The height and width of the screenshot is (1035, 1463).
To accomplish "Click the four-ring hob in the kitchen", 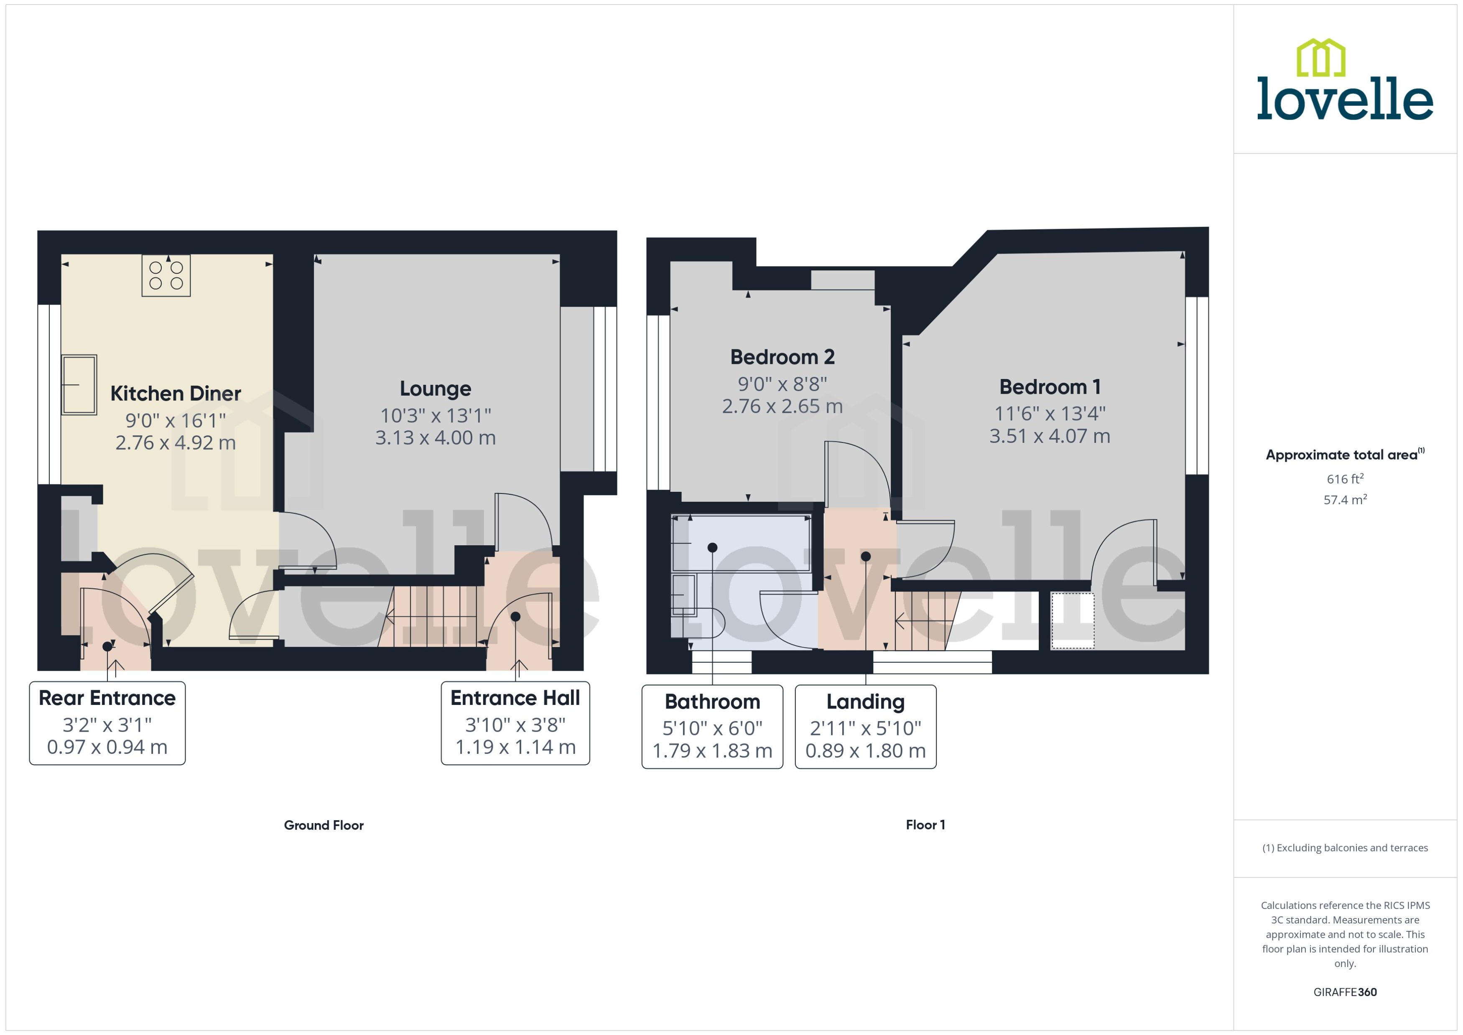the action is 166,275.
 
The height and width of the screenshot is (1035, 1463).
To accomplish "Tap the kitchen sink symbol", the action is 79,385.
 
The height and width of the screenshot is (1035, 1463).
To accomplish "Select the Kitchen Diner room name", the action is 175,393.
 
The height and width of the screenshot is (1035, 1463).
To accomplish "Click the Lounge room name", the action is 436,389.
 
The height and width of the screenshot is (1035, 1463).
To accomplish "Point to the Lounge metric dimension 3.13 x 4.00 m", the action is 436,438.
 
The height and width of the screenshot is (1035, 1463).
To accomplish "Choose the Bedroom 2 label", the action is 782,357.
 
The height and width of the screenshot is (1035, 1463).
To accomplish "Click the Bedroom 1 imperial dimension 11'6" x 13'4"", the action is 1050,414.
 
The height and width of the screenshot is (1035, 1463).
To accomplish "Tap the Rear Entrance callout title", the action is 107,698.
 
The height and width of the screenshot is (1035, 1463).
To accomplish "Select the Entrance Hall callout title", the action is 515,698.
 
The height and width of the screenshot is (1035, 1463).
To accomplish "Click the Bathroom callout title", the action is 712,702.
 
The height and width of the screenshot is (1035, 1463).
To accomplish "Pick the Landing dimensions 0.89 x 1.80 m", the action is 865,751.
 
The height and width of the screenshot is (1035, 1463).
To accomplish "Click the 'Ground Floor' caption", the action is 324,825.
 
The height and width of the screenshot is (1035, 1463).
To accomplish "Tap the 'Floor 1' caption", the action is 925,825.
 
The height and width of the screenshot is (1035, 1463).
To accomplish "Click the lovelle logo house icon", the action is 1321,57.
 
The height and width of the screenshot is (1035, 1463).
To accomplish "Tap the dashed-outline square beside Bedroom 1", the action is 1072,621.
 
